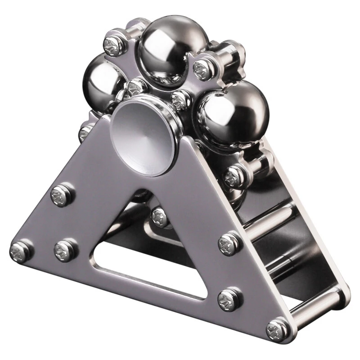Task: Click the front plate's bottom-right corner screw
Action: pyautogui.click(x=276, y=329)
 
